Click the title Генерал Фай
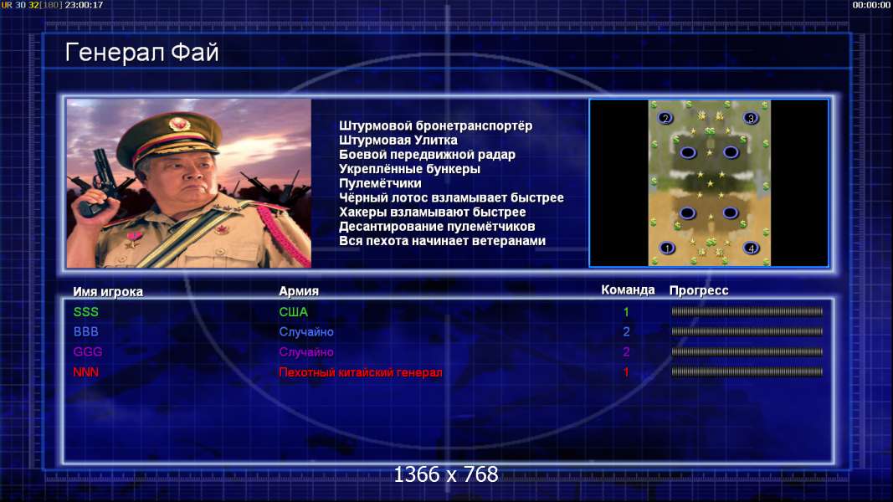tap(141, 53)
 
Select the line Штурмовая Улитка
tap(398, 141)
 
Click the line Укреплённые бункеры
tap(409, 169)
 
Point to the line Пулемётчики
tap(380, 183)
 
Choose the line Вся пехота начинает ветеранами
tap(442, 241)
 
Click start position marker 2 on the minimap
tap(665, 118)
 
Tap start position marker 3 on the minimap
tap(751, 118)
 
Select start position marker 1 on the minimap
tap(667, 248)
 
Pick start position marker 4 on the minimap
tap(752, 248)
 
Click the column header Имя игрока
tap(108, 291)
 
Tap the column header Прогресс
tap(699, 290)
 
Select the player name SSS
tap(86, 312)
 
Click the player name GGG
tap(88, 351)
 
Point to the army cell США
tap(293, 312)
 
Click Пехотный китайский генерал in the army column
tap(361, 372)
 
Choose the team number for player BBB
tap(626, 331)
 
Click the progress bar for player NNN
tap(747, 371)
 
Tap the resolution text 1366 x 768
tap(446, 474)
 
